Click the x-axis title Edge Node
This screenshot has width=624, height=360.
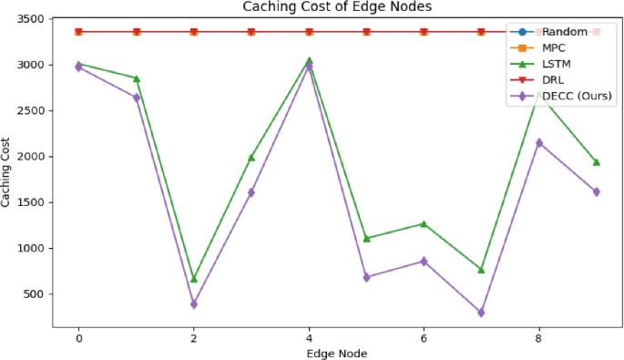tap(337, 352)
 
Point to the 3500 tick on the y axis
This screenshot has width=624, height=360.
tap(33, 19)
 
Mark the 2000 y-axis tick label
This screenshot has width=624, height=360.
tap(33, 157)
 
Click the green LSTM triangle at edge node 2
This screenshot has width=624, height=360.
tap(194, 279)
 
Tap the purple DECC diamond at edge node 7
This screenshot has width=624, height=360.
tap(481, 313)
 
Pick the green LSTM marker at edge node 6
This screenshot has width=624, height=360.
tap(424, 224)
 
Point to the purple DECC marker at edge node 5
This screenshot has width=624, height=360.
tap(366, 277)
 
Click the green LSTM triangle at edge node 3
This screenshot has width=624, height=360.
tap(251, 158)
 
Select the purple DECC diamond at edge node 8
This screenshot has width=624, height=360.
tap(539, 143)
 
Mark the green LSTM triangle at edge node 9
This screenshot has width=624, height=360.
tap(597, 162)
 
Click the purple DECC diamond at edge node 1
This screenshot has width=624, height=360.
tap(137, 98)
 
